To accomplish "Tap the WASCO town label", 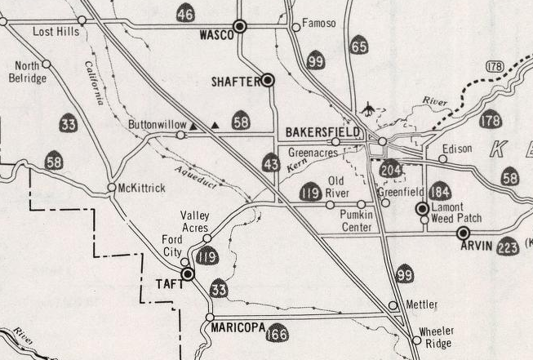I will point(215,36).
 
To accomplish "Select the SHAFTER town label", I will point(235,81).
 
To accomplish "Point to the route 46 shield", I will point(185,12).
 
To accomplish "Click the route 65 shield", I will point(358,46).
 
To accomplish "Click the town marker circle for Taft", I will point(189,275).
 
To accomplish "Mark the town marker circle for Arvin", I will point(464,233).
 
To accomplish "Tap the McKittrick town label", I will point(143,188).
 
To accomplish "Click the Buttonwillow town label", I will point(157,124).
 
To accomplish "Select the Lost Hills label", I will point(56,31).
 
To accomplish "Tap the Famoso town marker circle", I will point(296,27).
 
